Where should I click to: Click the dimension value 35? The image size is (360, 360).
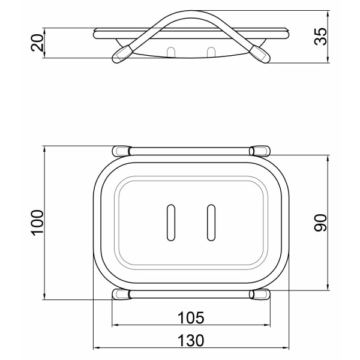pyautogui.click(x=320, y=37)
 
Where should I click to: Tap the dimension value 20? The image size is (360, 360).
pyautogui.click(x=37, y=43)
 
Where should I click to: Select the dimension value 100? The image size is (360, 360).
pyautogui.click(x=37, y=223)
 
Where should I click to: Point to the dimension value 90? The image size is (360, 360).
pyautogui.click(x=320, y=223)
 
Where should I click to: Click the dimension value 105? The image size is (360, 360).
pyautogui.click(x=191, y=318)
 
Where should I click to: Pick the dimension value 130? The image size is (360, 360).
pyautogui.click(x=191, y=340)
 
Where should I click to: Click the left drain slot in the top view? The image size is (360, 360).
pyautogui.click(x=170, y=223)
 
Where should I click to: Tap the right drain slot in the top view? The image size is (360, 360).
pyautogui.click(x=211, y=223)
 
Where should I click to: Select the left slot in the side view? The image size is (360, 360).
pyautogui.click(x=171, y=52)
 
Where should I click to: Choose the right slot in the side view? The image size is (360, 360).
pyautogui.click(x=211, y=52)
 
